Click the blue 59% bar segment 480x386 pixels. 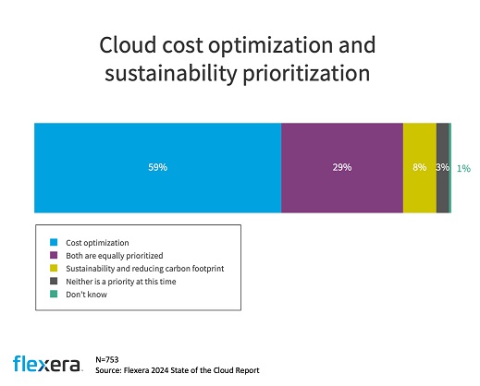(157, 168)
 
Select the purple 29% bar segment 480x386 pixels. (342, 168)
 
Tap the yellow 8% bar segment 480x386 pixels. (420, 168)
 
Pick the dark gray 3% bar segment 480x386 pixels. (443, 168)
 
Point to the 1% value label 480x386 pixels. (463, 168)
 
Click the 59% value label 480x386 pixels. (157, 167)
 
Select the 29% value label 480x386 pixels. (342, 167)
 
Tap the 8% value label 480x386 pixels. (420, 167)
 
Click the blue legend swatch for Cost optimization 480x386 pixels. (54, 242)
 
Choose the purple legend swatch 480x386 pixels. (54, 255)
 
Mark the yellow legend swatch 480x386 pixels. (54, 268)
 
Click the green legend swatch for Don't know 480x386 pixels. (54, 294)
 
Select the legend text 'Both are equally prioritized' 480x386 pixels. (115, 256)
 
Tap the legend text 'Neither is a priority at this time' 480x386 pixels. (121, 282)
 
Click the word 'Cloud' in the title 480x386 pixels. (128, 45)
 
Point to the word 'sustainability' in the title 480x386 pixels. (171, 74)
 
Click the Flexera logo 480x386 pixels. (46, 364)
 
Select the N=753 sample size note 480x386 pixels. (107, 359)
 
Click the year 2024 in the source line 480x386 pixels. (159, 370)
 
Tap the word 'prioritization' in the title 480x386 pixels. (306, 74)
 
